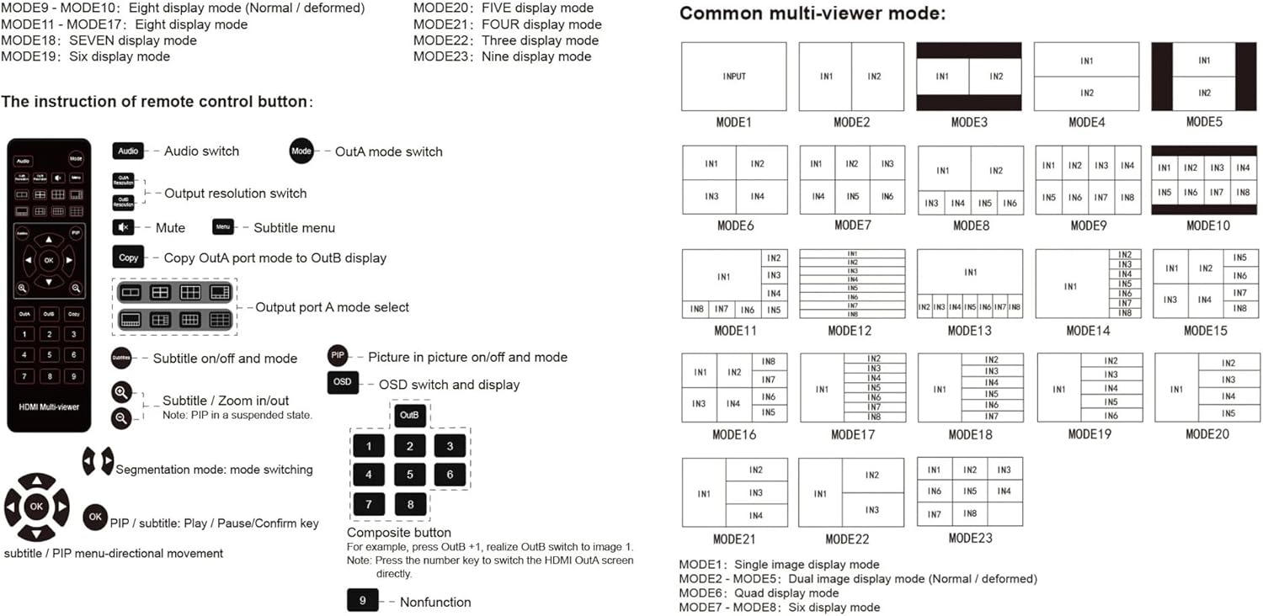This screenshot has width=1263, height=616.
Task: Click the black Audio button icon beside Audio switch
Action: (x=128, y=151)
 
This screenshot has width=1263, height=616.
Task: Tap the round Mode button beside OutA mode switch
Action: (x=301, y=151)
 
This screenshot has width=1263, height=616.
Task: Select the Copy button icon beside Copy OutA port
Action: (x=128, y=258)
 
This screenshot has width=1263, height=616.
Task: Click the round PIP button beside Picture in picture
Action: (x=338, y=356)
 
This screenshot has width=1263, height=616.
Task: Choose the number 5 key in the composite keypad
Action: (x=410, y=475)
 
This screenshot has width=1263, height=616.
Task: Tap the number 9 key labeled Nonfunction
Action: (x=363, y=601)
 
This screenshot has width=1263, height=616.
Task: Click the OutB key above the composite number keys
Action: (x=410, y=416)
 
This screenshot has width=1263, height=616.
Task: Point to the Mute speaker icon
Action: (x=123, y=227)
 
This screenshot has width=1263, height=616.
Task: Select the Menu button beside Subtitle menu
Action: (x=223, y=227)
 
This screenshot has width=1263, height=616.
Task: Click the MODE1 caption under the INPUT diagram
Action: (x=733, y=123)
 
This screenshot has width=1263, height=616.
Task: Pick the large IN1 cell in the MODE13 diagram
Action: (x=970, y=273)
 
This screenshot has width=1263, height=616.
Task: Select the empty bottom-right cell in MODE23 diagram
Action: (x=1005, y=513)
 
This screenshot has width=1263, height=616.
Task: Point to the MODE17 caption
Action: (x=852, y=435)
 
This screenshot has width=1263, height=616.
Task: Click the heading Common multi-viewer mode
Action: (x=812, y=13)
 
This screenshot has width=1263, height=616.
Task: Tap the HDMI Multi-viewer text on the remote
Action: (x=49, y=406)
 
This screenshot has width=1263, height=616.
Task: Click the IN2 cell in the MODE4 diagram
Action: (x=1087, y=93)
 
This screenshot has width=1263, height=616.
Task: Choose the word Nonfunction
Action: (x=435, y=602)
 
